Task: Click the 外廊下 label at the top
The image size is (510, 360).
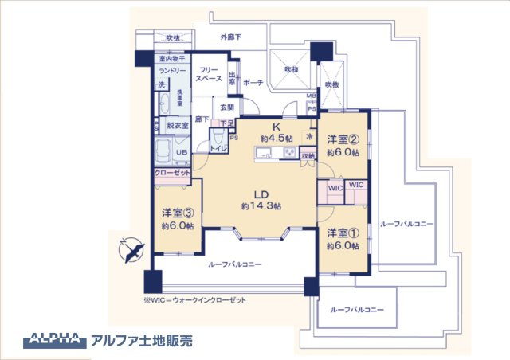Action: pyautogui.click(x=231, y=37)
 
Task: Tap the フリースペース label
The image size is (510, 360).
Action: pyautogui.click(x=210, y=76)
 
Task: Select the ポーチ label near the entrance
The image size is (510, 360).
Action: pyautogui.click(x=253, y=82)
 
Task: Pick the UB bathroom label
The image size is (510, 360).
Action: pyautogui.click(x=182, y=152)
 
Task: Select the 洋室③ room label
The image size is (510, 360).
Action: pyautogui.click(x=178, y=213)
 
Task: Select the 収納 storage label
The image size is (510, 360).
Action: pyautogui.click(x=308, y=156)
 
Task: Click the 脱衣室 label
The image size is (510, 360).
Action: pyautogui.click(x=178, y=126)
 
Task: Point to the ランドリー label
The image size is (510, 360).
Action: pyautogui.click(x=171, y=70)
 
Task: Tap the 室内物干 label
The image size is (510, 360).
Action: pyautogui.click(x=171, y=59)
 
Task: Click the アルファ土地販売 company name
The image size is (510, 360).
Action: pyautogui.click(x=142, y=338)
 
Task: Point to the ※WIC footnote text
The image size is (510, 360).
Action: pyautogui.click(x=195, y=300)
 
